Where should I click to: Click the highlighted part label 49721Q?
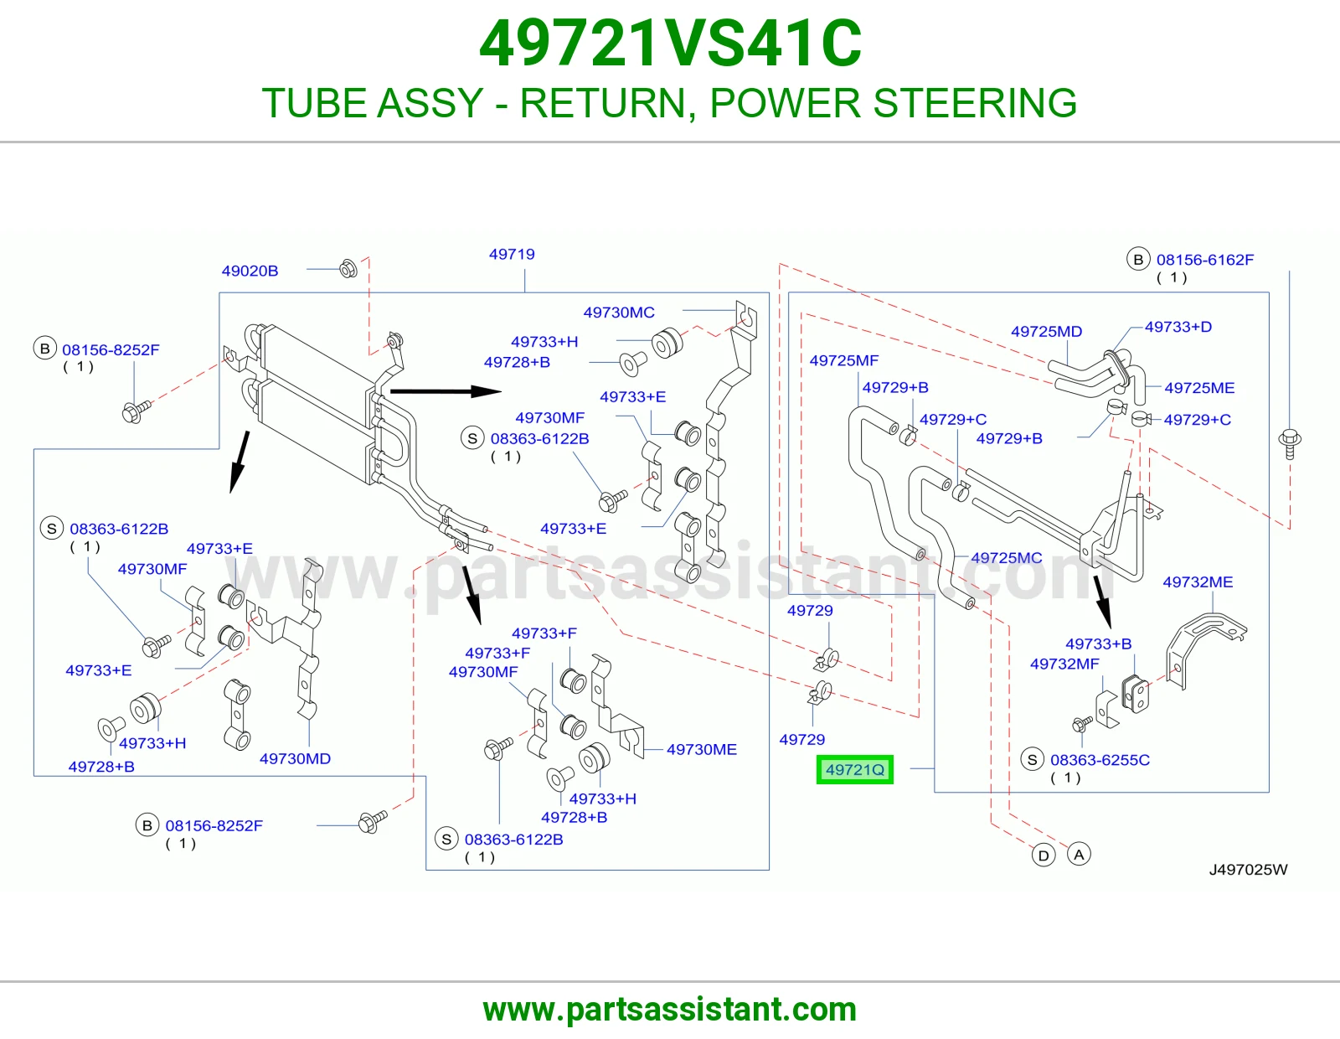click(855, 770)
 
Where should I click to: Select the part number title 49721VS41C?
click(670, 44)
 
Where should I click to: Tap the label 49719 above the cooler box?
click(512, 254)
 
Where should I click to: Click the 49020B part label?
click(250, 271)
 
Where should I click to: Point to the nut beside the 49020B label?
click(348, 268)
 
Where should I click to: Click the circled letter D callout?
click(1044, 855)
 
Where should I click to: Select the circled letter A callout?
click(1079, 855)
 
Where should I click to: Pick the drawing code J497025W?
click(1248, 870)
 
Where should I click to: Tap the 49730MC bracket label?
click(619, 313)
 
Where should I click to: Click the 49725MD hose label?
click(1047, 332)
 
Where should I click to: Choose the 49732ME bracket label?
click(1198, 582)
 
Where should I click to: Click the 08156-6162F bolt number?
click(1205, 260)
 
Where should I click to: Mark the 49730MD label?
click(296, 759)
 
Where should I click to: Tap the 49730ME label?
click(702, 750)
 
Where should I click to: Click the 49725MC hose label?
click(1007, 558)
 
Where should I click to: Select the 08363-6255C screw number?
click(1100, 760)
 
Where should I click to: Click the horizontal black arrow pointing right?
click(446, 391)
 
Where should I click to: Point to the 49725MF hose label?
click(843, 361)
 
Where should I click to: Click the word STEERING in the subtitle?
click(975, 103)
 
